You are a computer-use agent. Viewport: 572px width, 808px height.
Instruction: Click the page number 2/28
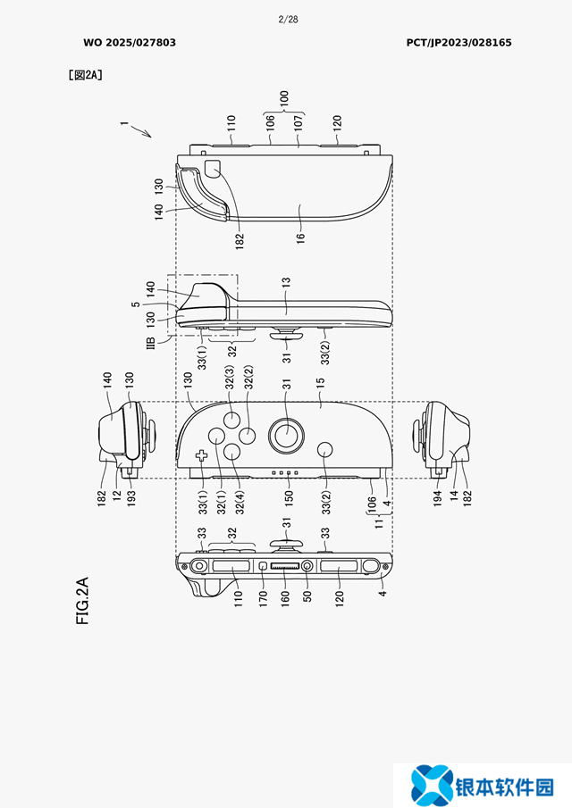(288, 20)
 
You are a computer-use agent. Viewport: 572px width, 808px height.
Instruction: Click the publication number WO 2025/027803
(130, 43)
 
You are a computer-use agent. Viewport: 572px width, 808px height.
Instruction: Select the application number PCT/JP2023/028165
(458, 43)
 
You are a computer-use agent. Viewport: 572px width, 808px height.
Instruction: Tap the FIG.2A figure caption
(82, 601)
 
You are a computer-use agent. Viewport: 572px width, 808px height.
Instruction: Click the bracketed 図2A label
(86, 75)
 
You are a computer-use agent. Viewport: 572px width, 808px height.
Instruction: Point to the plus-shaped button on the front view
(201, 455)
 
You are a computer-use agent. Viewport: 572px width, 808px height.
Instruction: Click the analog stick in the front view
(286, 436)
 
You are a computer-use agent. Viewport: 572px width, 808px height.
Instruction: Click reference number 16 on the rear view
(300, 237)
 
